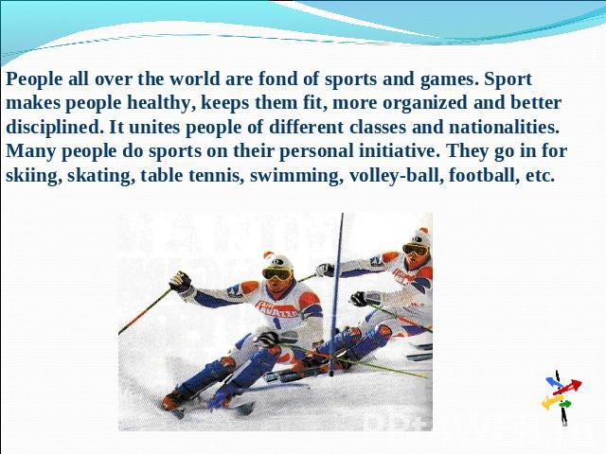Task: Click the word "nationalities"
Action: [504, 127]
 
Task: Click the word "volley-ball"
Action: [396, 176]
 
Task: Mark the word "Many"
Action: [30, 151]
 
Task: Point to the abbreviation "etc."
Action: [541, 176]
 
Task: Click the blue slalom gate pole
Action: [337, 294]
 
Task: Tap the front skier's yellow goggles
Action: [277, 273]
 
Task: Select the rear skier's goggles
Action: [416, 250]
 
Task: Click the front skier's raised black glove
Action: [180, 281]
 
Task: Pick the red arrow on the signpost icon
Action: [567, 387]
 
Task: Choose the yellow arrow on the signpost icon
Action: [552, 401]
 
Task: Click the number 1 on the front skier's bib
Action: [276, 322]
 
